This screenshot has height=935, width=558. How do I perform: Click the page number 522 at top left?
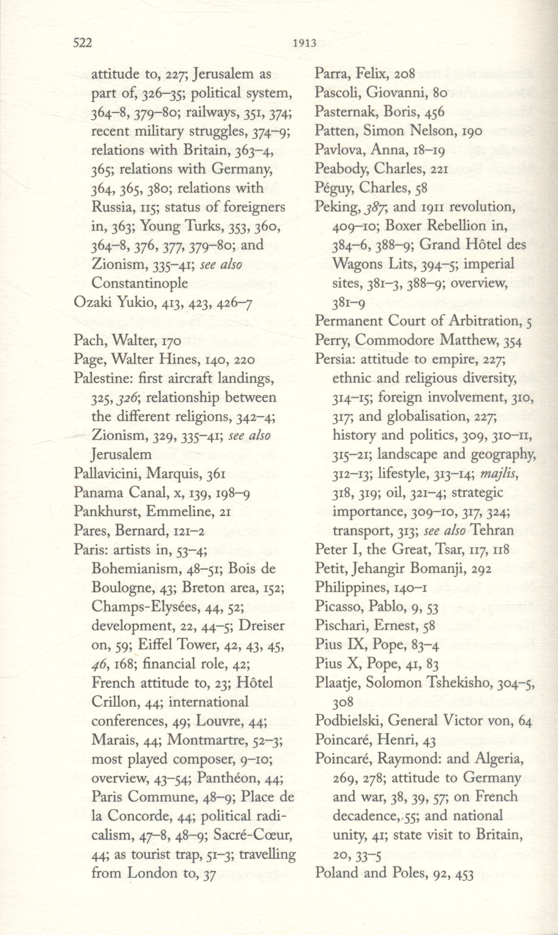coord(82,43)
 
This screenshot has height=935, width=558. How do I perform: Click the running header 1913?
coord(304,43)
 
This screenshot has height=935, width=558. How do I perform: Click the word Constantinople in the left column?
coord(140,283)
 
